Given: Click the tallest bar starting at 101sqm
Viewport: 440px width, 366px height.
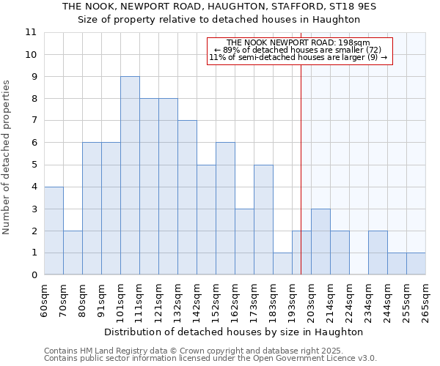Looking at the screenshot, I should point(130,176).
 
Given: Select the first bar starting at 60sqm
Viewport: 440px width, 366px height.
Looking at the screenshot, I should point(54,231).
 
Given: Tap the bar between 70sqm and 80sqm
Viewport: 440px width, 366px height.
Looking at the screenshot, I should point(73,253).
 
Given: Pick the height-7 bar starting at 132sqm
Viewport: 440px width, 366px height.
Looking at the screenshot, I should point(187,198).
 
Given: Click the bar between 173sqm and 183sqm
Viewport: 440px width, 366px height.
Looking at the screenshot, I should point(263,220).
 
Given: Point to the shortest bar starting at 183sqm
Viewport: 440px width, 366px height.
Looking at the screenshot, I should point(282,264).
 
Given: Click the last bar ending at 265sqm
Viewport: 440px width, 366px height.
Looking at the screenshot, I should point(416,264).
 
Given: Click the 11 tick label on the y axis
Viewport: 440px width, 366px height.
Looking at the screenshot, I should point(31,32).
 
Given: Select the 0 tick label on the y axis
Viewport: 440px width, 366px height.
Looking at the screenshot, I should point(34,275).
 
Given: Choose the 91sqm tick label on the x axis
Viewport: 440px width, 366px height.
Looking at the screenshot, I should point(102,299).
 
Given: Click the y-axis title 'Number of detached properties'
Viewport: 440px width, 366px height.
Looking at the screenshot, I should point(7,158).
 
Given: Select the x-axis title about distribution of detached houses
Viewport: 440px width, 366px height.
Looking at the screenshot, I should point(233,332).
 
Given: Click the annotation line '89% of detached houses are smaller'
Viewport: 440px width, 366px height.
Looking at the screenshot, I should point(300,50).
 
